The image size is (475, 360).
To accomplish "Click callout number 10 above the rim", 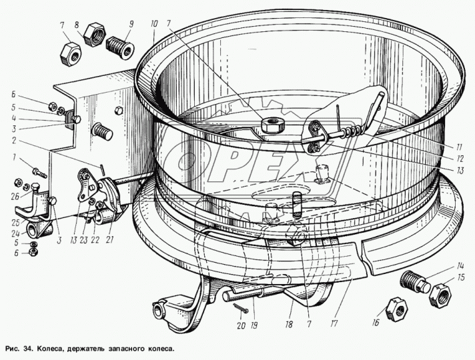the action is (154, 25).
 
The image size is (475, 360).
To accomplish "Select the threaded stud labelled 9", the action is (119, 48).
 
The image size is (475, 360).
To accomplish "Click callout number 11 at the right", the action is (459, 147).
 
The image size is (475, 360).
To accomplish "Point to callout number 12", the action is (460, 159).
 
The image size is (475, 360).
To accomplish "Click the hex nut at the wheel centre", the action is (272, 125).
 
